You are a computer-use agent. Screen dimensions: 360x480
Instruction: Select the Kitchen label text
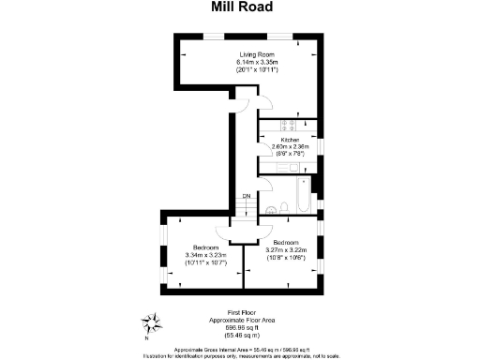(x=289, y=140)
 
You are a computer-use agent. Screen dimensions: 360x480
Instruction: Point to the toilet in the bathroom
(x=282, y=207)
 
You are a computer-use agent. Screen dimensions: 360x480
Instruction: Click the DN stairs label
(x=245, y=196)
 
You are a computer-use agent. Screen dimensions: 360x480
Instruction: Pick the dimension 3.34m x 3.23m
(x=194, y=255)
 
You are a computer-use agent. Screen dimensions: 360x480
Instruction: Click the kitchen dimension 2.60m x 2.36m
(x=289, y=147)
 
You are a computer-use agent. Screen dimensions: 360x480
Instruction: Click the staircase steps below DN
(x=245, y=210)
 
